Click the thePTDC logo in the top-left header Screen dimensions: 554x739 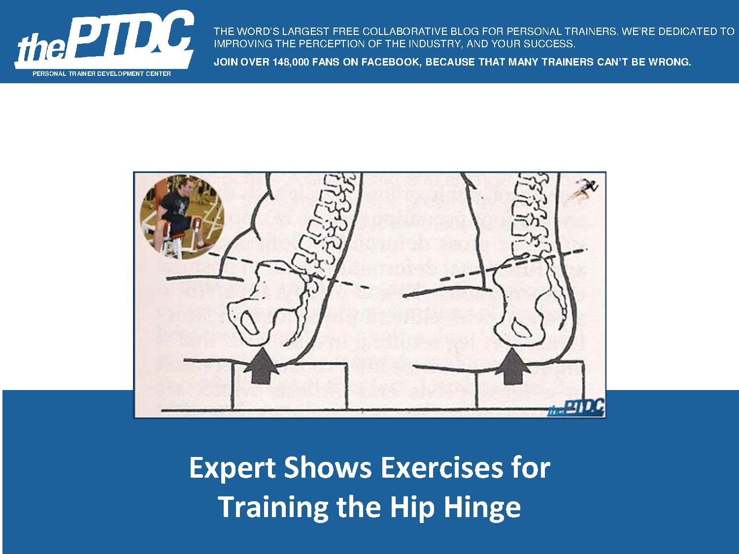click(x=104, y=40)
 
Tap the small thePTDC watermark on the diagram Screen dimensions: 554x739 click(x=576, y=408)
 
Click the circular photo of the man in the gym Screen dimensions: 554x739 click(x=182, y=217)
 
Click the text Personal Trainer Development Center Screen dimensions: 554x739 click(x=101, y=73)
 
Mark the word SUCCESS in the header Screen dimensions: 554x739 click(x=551, y=44)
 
